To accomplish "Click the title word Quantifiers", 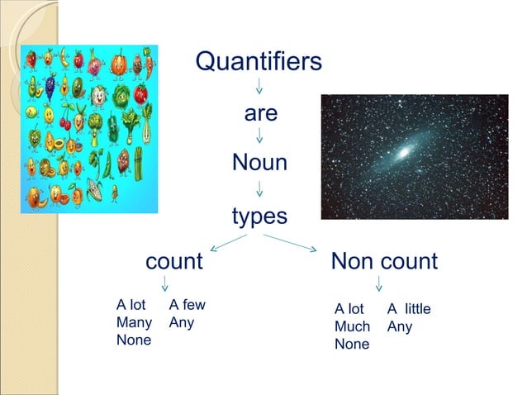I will click(259, 62).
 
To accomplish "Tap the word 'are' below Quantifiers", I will click(260, 112).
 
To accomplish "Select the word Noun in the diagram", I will click(259, 163).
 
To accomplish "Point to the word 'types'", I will click(259, 217).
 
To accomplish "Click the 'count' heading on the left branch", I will click(173, 262).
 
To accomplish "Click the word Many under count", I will click(134, 322).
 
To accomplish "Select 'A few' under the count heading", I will click(187, 305).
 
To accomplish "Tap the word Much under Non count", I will click(352, 326).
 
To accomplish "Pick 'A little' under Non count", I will click(409, 309).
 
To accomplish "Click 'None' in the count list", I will click(134, 340).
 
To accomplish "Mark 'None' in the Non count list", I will click(352, 344).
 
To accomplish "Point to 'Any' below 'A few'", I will click(181, 322).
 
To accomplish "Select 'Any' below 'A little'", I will click(400, 326).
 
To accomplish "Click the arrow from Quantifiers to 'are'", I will click(259, 86).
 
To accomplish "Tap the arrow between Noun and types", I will click(259, 189).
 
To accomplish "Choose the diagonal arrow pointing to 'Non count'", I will click(291, 243).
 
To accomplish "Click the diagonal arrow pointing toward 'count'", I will click(229, 243).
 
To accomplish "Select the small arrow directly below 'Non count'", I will click(378, 284).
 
